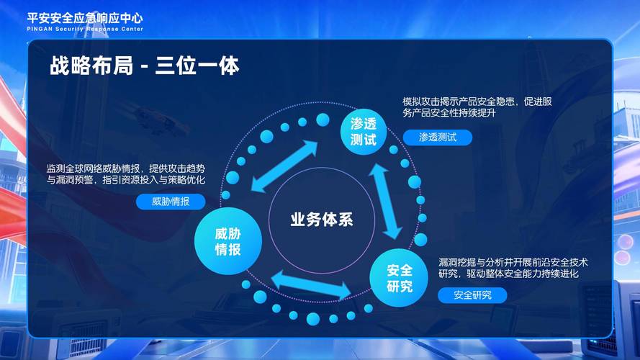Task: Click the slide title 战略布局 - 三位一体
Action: (x=145, y=66)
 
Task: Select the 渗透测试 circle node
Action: (x=363, y=130)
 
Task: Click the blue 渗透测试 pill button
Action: (x=438, y=137)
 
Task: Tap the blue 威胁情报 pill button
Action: (x=171, y=202)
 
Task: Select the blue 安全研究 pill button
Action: (x=472, y=294)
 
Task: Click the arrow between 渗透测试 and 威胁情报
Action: (x=284, y=166)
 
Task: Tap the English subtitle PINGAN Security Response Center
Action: (x=85, y=29)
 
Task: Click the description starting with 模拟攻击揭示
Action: (x=477, y=107)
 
